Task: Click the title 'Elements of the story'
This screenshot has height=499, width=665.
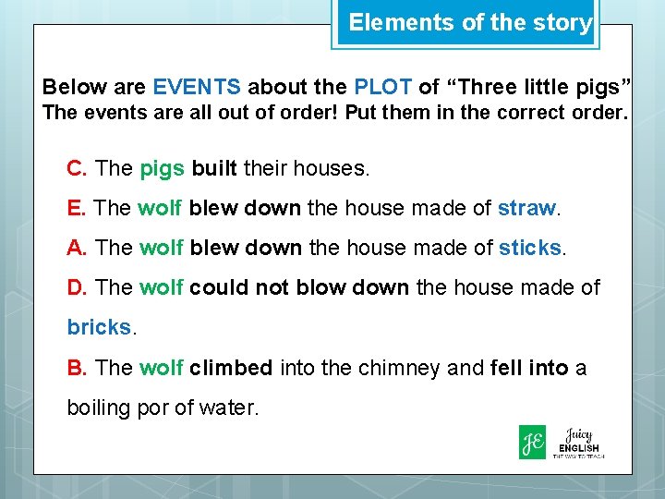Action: point(469,23)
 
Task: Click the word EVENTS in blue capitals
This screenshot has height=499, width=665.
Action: point(197,88)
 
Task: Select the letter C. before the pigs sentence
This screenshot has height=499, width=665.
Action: point(78,169)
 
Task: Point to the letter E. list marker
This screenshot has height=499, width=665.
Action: point(78,209)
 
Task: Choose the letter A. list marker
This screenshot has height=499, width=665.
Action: point(78,249)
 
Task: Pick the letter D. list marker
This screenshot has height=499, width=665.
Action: point(78,288)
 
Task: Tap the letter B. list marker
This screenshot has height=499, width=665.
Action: point(78,369)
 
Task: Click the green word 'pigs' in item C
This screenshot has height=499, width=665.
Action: point(163,169)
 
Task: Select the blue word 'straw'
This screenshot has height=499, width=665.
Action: point(527,209)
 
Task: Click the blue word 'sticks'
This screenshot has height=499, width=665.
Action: point(529,249)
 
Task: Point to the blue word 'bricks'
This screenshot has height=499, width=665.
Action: point(98,328)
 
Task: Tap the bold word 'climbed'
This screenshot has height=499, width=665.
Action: point(231,369)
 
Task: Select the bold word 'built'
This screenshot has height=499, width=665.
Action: point(215,169)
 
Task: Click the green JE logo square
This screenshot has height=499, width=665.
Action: point(532,442)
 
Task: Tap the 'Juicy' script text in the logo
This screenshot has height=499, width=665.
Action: point(580,434)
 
